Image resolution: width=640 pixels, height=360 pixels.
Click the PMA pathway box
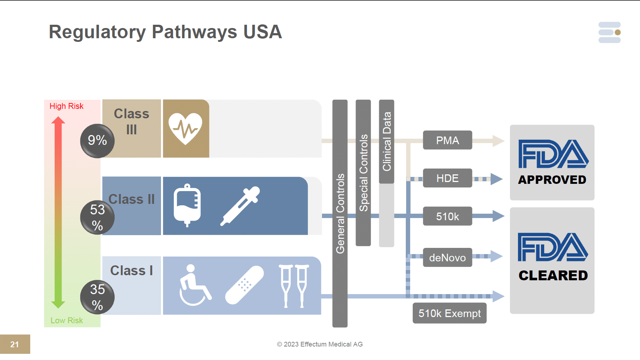point(447,140)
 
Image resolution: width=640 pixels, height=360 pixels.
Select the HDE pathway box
point(447,178)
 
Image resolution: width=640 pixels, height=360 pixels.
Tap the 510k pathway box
point(447,216)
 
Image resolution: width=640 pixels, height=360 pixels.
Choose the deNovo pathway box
point(447,257)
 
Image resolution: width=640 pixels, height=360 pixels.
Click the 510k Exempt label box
point(449,313)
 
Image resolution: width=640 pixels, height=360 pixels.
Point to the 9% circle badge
point(97,141)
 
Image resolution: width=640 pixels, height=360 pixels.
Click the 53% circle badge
point(97,217)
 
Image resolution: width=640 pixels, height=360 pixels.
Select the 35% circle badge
point(97,297)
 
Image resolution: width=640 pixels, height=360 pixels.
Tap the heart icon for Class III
point(185,128)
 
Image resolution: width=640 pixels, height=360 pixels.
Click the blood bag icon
point(187,205)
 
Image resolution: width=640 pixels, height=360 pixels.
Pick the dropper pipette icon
point(240,206)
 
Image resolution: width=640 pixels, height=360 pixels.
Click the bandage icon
point(244,285)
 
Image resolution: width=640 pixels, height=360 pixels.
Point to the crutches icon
point(294,286)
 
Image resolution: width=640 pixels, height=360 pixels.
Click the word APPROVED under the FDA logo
point(552,180)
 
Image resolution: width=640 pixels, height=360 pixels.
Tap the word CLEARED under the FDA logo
point(553,276)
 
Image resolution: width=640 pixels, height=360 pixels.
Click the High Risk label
point(66,106)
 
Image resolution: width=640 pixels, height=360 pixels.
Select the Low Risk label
point(67,320)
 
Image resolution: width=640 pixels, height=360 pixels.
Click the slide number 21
point(15,344)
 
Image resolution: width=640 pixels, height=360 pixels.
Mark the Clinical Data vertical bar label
point(386,141)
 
